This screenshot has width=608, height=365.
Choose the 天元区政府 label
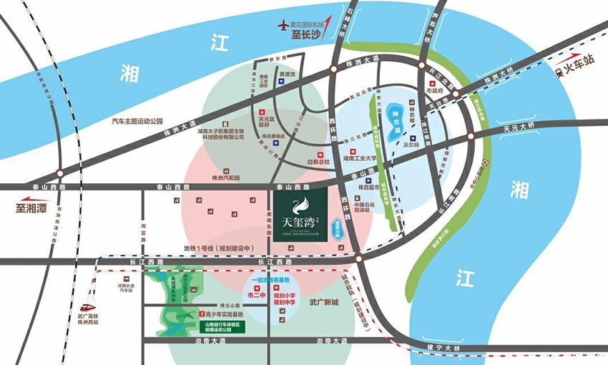[x=267, y=119]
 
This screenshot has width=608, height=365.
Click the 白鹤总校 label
[x=318, y=162]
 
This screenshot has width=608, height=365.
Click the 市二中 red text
[x=255, y=295]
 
